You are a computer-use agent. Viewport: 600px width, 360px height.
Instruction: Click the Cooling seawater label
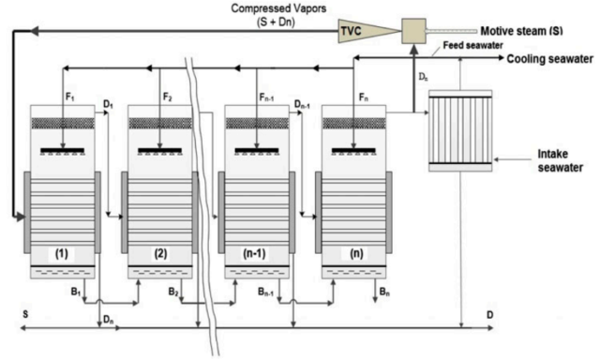[x=550, y=59]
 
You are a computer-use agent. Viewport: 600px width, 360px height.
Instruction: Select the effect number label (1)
[x=62, y=254]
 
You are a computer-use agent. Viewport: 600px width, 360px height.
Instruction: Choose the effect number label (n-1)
[x=256, y=254]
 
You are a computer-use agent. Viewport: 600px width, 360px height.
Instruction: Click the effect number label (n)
[x=353, y=254]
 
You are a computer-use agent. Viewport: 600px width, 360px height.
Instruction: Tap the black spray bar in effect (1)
[x=62, y=150]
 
